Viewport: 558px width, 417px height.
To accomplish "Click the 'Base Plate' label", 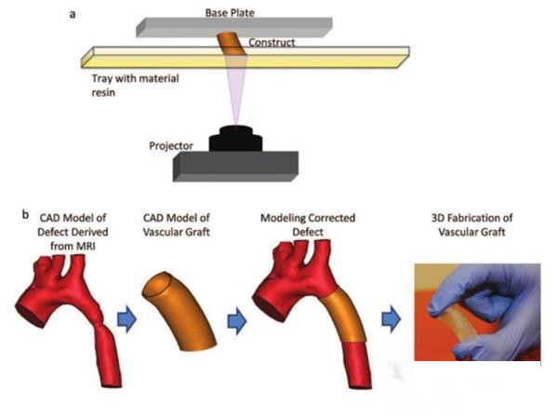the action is click(230, 13).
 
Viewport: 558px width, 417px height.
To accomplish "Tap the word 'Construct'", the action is click(272, 43).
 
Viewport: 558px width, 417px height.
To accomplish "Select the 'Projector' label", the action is click(171, 145).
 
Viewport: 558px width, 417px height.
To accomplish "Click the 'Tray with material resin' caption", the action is click(135, 85).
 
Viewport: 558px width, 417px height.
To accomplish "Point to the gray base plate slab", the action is click(234, 27).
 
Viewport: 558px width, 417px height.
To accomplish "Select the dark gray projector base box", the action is click(235, 167).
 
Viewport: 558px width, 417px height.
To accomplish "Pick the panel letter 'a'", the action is click(73, 15).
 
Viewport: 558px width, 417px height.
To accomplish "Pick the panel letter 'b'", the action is click(25, 215).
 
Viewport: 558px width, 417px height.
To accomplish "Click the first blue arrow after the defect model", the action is click(126, 319).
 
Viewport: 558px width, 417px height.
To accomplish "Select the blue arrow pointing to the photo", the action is click(392, 319).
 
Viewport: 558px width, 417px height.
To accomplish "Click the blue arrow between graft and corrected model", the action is click(237, 321).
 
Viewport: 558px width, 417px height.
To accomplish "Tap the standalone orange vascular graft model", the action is click(178, 312).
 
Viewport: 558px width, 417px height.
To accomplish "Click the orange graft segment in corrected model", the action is click(345, 316).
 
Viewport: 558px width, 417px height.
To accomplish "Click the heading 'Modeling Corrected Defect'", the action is click(308, 224).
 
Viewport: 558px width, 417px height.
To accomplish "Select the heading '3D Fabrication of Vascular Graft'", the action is click(472, 224).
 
